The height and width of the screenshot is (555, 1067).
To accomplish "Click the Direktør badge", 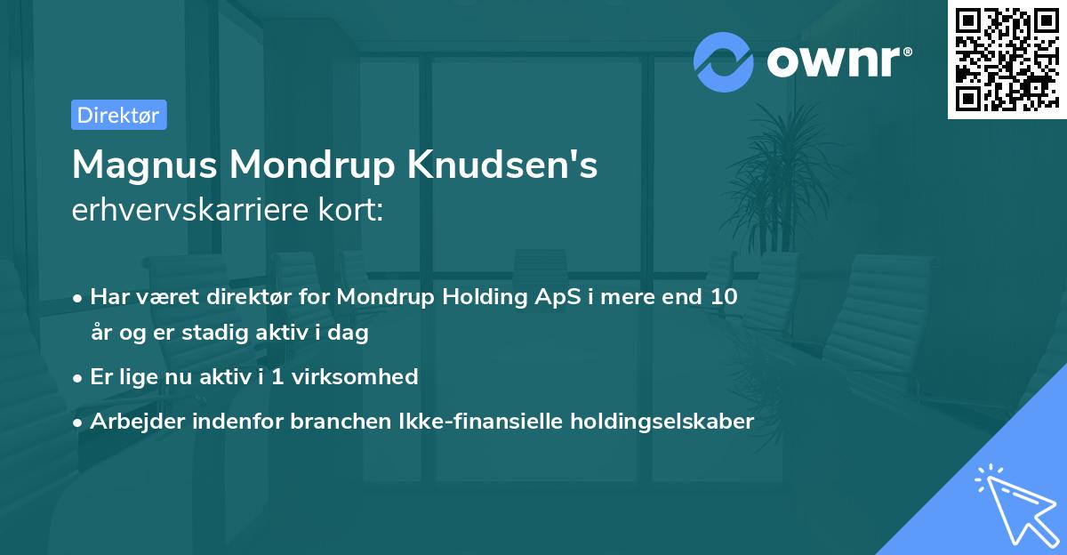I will [118, 116].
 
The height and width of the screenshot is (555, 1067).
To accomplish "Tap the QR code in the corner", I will [1005, 59].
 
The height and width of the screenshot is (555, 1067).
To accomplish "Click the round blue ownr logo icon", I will [723, 61].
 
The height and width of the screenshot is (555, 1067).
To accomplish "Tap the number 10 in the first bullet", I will [723, 297].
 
